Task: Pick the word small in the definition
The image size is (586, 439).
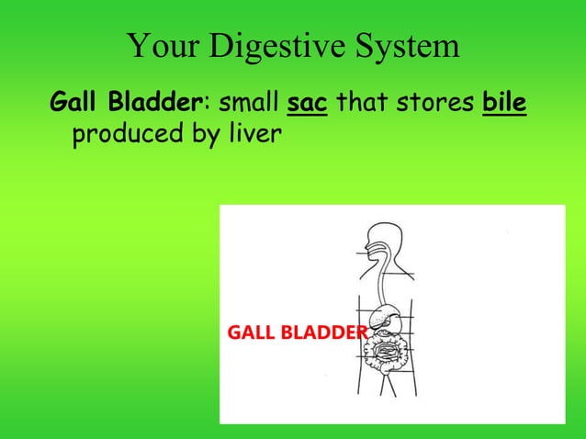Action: pos(247,100)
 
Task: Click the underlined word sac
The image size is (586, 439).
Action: pos(307,100)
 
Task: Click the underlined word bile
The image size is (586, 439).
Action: pos(506,100)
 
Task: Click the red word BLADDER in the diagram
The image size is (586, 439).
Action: pos(322,332)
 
